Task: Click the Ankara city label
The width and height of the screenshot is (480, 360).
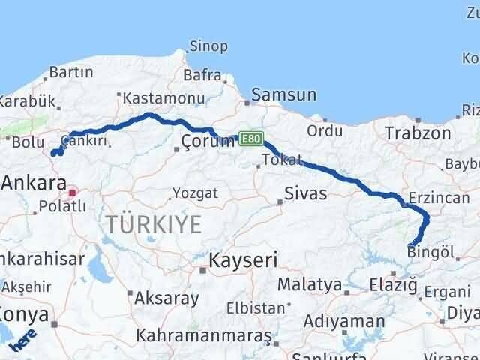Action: (33, 182)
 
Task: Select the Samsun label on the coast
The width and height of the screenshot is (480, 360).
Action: (283, 95)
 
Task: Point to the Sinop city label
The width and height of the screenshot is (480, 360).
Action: (208, 46)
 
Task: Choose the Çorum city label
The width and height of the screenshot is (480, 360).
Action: (199, 142)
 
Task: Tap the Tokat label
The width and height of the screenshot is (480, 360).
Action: (282, 160)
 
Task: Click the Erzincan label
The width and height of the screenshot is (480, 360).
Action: (439, 200)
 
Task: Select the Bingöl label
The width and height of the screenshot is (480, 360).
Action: (430, 252)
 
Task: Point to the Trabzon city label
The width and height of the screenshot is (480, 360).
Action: (418, 133)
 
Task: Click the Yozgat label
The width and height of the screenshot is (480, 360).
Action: (195, 193)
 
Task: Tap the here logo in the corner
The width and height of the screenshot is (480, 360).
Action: (25, 340)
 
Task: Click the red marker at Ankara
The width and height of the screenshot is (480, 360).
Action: (73, 193)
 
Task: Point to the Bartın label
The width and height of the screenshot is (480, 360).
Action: (70, 73)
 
